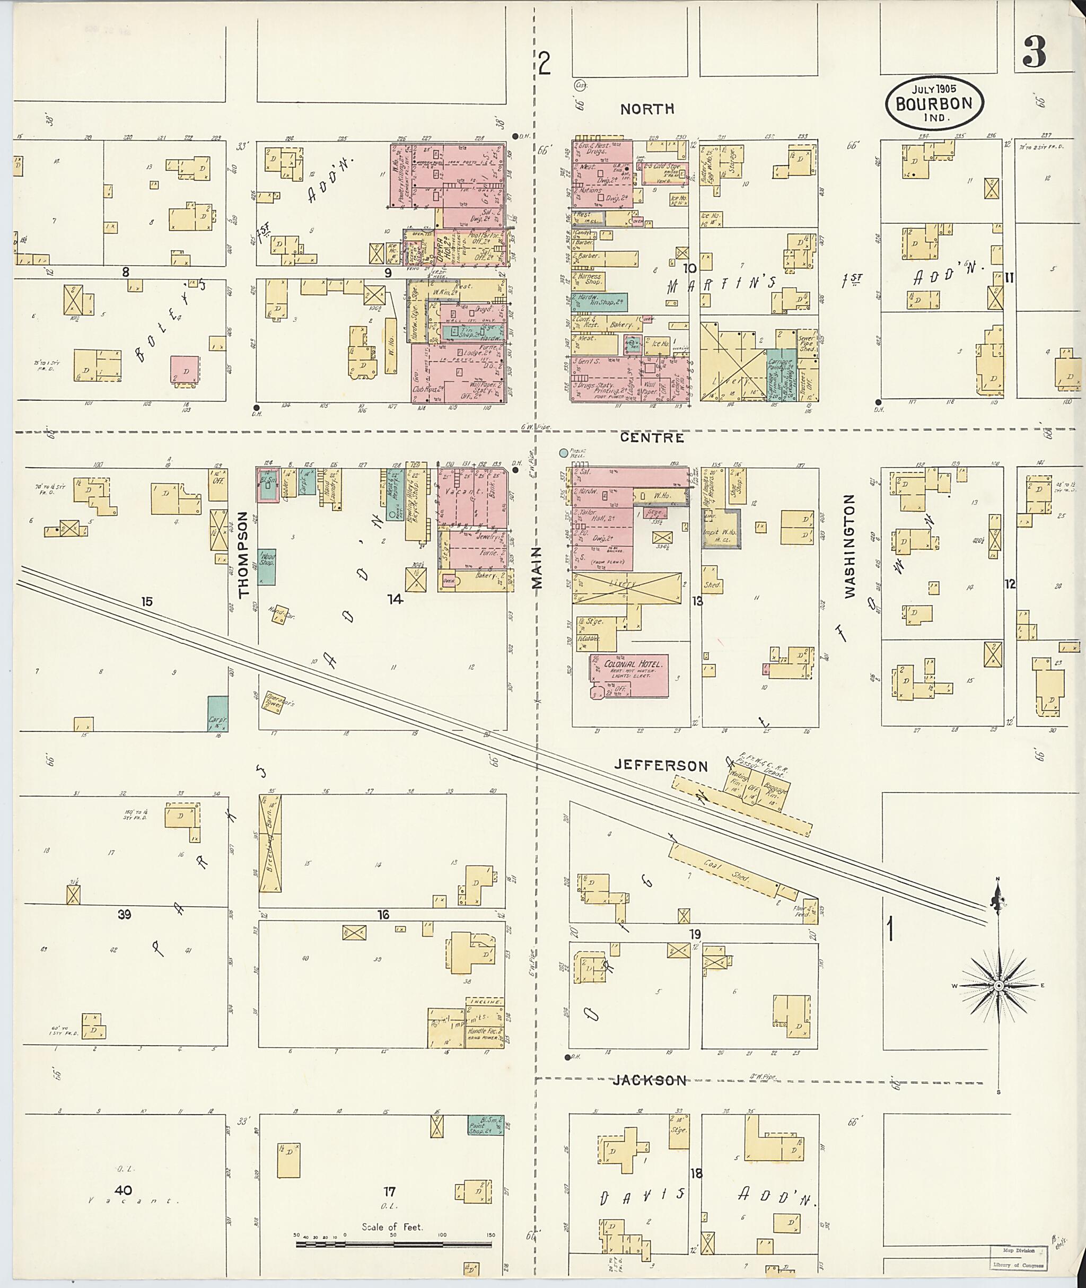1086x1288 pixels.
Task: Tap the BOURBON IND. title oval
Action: click(934, 103)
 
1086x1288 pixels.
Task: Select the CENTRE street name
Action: click(652, 438)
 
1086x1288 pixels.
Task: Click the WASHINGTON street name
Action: click(850, 547)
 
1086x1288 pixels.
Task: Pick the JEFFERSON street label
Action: click(661, 766)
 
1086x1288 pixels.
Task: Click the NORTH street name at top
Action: click(647, 109)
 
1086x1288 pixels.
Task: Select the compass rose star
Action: click(998, 986)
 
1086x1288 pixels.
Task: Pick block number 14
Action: click(395, 599)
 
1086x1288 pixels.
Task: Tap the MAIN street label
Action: click(538, 568)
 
